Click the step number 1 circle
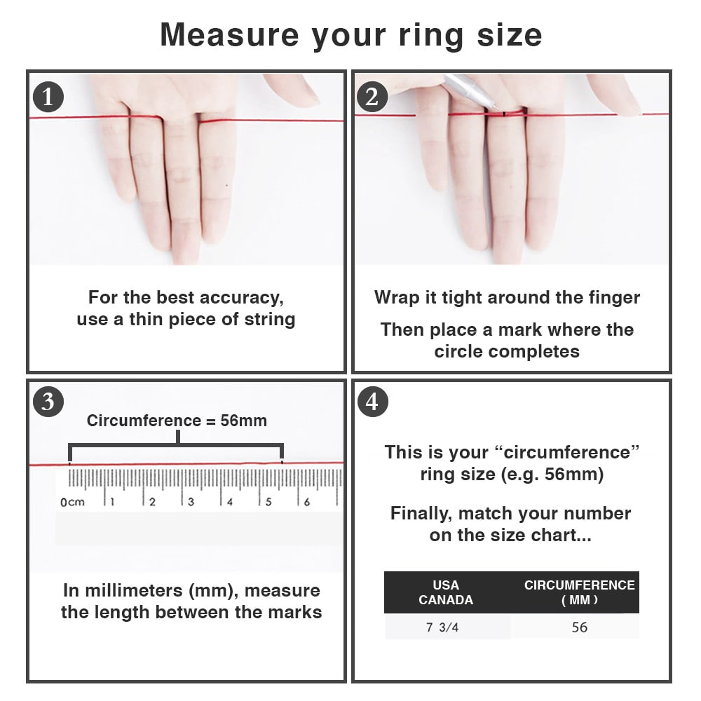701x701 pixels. [x=48, y=97]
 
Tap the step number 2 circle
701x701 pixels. [x=372, y=97]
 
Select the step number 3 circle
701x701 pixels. [x=48, y=402]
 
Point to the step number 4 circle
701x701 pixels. [x=372, y=402]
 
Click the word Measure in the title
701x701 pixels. [x=229, y=35]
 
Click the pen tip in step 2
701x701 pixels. [x=499, y=109]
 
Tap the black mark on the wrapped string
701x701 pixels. [x=504, y=114]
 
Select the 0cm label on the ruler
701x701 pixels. [x=72, y=502]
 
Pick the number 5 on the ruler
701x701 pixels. [x=268, y=502]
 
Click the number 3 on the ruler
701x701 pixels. [x=191, y=502]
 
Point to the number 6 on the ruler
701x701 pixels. [x=307, y=502]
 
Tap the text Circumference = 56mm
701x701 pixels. [x=177, y=421]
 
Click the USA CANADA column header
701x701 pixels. [x=446, y=592]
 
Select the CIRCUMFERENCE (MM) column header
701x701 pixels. [x=580, y=592]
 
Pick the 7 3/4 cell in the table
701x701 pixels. [x=442, y=627]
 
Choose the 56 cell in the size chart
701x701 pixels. [x=580, y=627]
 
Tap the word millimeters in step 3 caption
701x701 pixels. [x=134, y=590]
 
